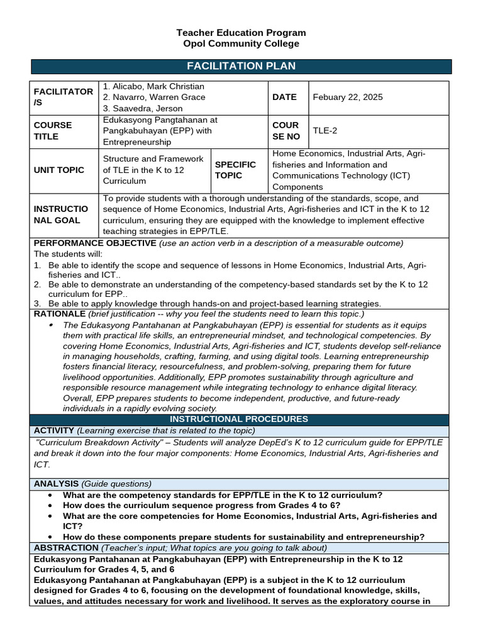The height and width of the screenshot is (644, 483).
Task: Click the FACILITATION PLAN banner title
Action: [241, 67]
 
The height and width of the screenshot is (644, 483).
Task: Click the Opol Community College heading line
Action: [241, 43]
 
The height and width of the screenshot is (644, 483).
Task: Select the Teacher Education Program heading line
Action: [241, 32]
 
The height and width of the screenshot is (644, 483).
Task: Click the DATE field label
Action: [284, 97]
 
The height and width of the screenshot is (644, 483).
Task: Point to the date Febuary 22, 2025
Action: [347, 97]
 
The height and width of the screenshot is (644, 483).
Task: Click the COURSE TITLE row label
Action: [53, 131]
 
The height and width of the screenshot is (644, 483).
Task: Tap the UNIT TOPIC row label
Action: [59, 170]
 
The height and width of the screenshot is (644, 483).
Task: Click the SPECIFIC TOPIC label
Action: [235, 170]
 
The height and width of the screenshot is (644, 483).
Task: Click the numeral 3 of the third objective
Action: [36, 303]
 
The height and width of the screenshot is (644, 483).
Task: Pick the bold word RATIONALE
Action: [60, 313]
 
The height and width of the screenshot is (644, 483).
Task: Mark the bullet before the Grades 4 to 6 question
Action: [50, 506]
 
